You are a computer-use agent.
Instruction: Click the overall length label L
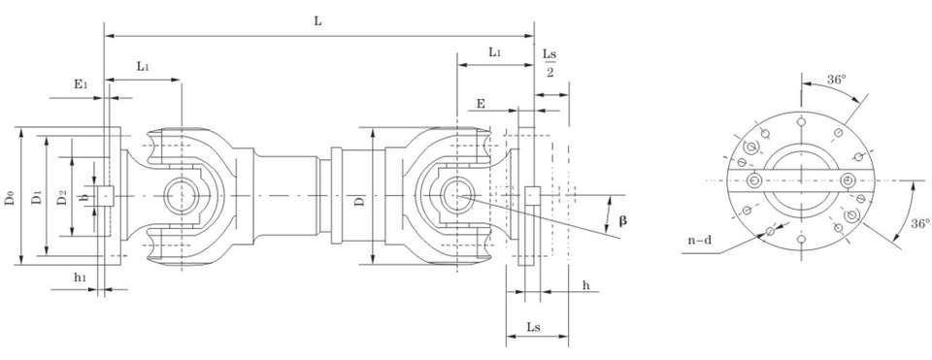318,21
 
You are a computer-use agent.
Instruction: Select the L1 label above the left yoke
143,66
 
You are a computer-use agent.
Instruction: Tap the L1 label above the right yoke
494,52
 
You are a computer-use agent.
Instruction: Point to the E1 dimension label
81,84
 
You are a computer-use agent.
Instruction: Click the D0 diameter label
10,197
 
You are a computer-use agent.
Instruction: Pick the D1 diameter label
36,197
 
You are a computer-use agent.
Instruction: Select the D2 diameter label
62,197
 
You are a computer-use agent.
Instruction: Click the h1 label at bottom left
81,277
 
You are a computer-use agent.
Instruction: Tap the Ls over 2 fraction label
549,62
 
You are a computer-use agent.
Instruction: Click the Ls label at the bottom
533,327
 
